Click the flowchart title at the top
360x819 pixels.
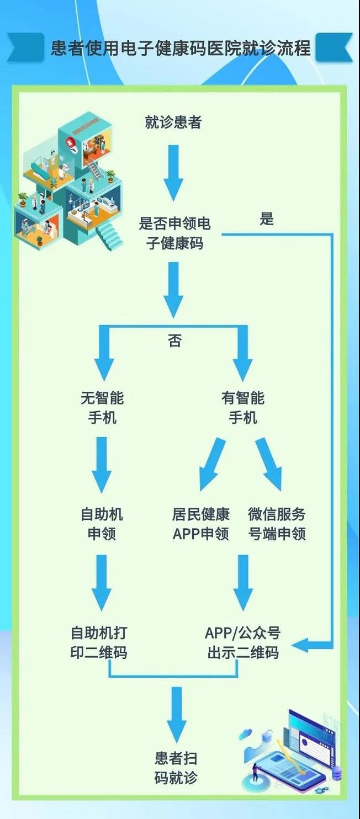(x=180, y=48)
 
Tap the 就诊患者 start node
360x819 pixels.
(x=173, y=123)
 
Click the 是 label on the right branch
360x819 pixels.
(x=267, y=219)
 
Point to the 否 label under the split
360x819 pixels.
(x=174, y=341)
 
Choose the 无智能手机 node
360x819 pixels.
(x=102, y=408)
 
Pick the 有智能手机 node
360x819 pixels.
(x=243, y=408)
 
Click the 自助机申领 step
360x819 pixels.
(x=102, y=524)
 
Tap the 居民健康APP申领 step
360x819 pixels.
(x=200, y=524)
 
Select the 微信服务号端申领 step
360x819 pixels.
(x=277, y=524)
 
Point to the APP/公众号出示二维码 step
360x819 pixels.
(x=243, y=642)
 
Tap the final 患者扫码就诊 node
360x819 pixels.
(x=176, y=768)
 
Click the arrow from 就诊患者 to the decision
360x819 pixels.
(x=173, y=172)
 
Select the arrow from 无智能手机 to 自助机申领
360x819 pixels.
(x=102, y=464)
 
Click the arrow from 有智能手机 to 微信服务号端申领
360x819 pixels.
(x=269, y=464)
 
